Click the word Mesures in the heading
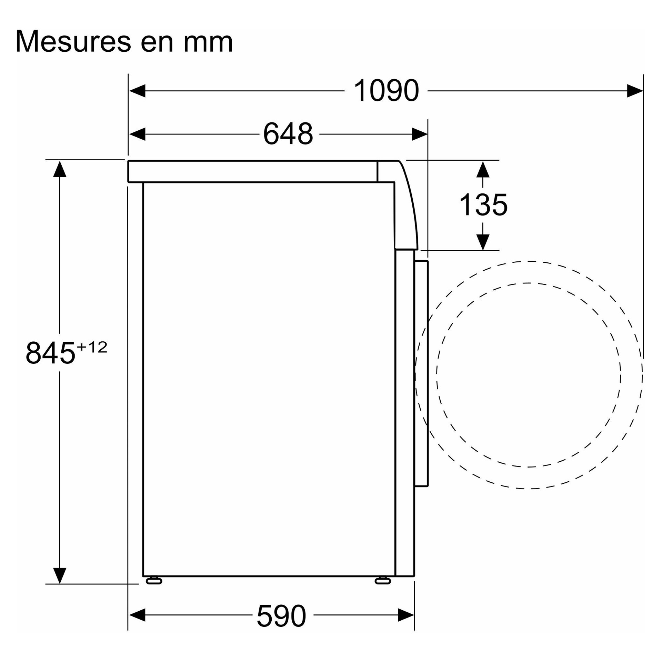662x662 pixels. pos(73,41)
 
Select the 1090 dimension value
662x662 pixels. pos(386,90)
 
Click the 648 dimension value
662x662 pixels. pos(288,133)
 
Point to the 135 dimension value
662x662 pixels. pos(483,205)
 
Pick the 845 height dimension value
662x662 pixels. pos(50,353)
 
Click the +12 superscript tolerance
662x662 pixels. pos(92,347)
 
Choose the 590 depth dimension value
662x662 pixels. pos(281,616)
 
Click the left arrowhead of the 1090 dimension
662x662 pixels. pos(137,91)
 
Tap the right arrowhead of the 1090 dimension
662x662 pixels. pos(635,91)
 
